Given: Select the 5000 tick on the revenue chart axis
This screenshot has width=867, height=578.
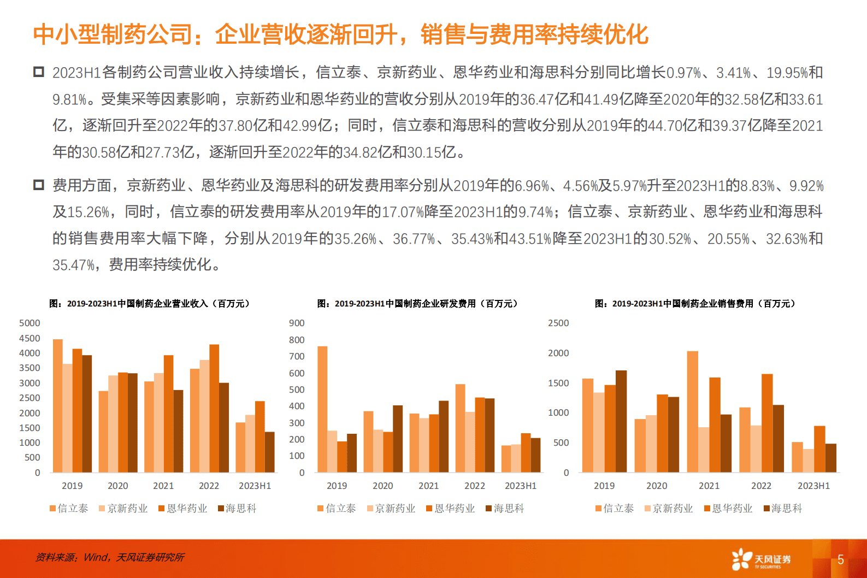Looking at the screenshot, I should pos(30,323).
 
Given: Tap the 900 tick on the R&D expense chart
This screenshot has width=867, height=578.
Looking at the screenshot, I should pos(297,323).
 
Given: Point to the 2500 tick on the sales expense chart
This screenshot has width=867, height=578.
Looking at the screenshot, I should pos(558,323).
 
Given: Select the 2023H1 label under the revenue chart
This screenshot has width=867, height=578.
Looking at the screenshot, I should pos(255,486).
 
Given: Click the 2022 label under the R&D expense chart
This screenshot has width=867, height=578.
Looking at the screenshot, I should pos(474,486).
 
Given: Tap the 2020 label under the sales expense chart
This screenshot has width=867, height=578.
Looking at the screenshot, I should pos(656,486).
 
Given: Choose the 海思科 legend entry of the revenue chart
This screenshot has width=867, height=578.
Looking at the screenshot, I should pos(238,509).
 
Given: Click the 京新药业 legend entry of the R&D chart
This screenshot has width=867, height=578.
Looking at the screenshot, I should pos(392,509).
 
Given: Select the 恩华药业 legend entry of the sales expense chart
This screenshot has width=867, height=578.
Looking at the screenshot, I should pos(729,509).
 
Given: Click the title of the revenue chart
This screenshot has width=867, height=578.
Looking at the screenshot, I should pos(149,304).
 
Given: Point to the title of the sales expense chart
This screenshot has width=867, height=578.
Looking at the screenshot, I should pos(695,304).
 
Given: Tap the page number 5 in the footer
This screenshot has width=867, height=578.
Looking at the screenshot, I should pos(841,559).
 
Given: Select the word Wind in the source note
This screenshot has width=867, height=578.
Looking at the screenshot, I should pos(96,557).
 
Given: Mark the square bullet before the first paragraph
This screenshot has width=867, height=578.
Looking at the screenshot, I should pos(38,72).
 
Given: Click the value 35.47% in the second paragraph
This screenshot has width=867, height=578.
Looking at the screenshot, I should pos(74,266).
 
